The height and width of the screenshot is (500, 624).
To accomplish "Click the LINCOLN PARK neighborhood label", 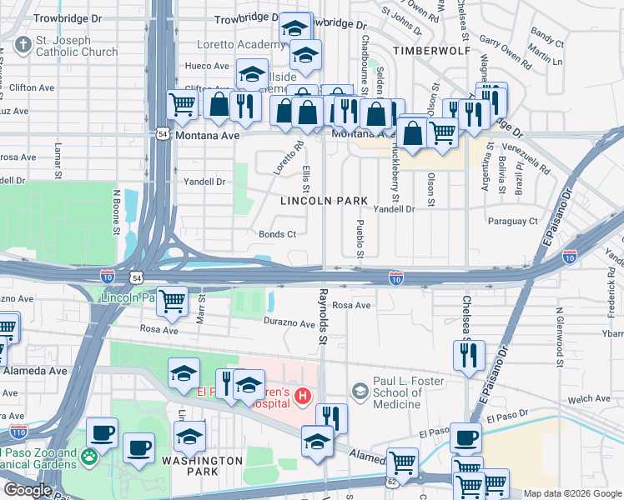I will [324, 201].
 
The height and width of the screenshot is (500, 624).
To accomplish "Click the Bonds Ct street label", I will [277, 235].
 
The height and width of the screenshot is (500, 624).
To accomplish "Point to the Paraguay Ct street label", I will [513, 222].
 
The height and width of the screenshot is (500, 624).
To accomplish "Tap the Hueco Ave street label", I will [207, 66].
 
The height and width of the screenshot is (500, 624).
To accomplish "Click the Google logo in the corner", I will [27, 490].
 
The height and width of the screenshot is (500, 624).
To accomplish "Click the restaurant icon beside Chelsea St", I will [469, 355].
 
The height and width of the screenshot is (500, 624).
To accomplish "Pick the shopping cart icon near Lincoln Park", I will [173, 302].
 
